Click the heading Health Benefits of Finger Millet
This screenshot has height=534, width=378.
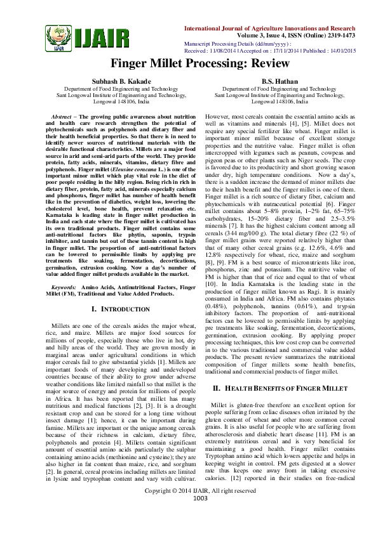coord(280,387)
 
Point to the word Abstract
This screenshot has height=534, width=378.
coord(61,118)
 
